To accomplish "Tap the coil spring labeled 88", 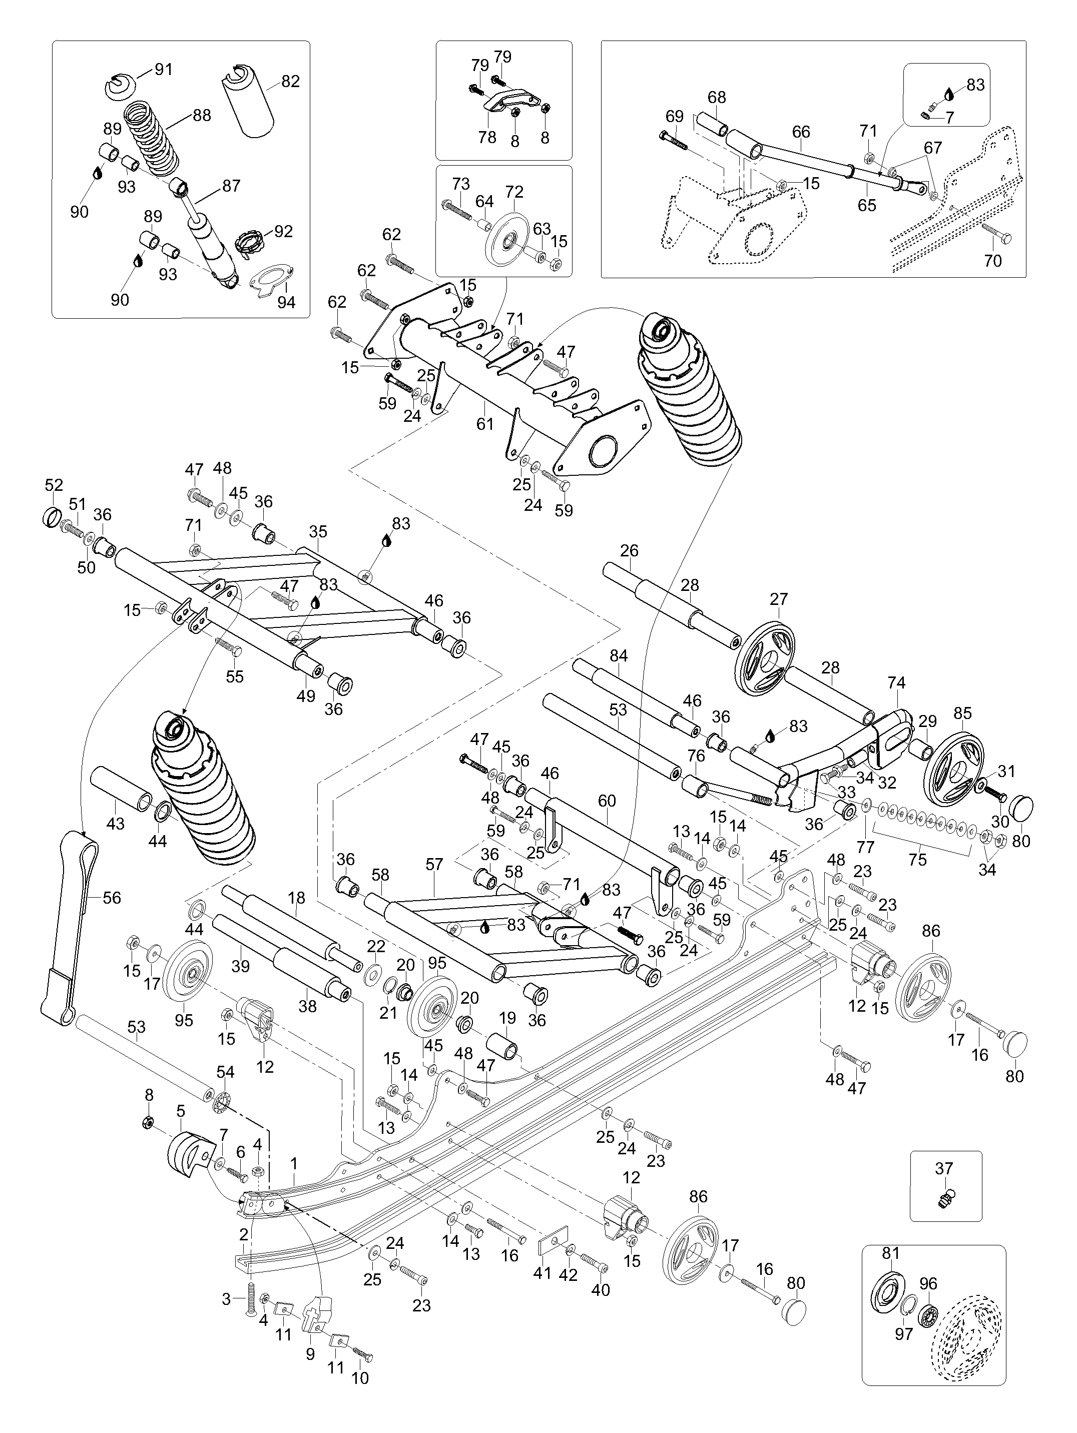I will (152, 137).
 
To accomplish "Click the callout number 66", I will (801, 132).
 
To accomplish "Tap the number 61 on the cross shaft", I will (485, 424).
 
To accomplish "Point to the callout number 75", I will (917, 860).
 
